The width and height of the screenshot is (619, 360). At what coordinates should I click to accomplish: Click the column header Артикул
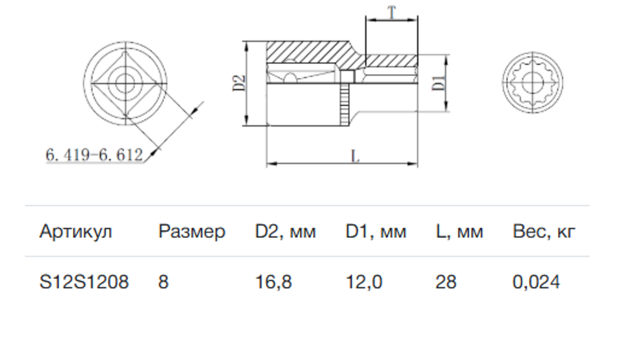pos(76,232)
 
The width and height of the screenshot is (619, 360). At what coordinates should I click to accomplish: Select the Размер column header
pos(191,232)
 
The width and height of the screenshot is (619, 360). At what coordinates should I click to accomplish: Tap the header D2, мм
pos(285,232)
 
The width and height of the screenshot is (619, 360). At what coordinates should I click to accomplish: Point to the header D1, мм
pos(375,232)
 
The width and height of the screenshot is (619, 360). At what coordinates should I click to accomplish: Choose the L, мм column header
pos(459,232)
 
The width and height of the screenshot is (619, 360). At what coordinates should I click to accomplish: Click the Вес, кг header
pos(544,232)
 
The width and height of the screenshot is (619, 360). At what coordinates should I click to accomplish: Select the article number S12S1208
pos(84,282)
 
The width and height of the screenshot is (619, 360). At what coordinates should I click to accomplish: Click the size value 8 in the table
pos(163,282)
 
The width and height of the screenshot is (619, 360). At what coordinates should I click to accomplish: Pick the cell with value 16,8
pos(273,282)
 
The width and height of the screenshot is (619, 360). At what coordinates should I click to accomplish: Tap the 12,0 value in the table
pos(364,282)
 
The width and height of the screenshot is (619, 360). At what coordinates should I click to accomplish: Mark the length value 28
pos(446,282)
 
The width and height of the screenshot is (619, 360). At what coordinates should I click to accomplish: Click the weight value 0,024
pos(536,282)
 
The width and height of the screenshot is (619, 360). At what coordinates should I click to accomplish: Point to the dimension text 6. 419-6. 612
pos(94,155)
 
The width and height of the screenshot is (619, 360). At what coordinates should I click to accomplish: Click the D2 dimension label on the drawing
pos(239,83)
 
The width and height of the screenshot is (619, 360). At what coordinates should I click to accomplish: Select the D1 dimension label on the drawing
pos(439,83)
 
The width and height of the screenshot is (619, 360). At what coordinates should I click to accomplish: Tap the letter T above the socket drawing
pos(392,13)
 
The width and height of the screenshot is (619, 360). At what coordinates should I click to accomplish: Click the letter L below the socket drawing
pos(355,157)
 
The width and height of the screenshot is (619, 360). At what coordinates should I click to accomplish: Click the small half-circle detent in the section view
pos(290,79)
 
